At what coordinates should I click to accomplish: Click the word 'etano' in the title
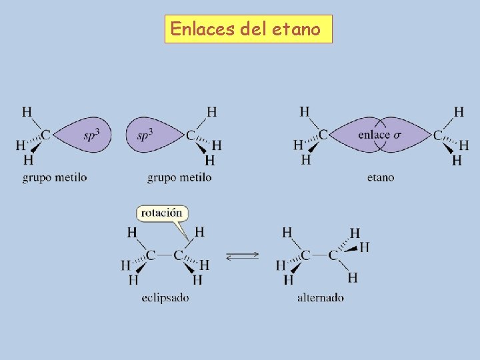pos(296,29)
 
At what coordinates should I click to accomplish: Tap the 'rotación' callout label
pos(162,213)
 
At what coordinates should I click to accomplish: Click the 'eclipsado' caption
pos(165,297)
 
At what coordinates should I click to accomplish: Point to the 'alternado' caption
pos(321,297)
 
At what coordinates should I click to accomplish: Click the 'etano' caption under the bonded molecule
pos(381,177)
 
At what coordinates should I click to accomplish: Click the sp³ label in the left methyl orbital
pos(92,135)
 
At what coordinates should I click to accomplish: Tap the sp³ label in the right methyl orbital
pos(145,135)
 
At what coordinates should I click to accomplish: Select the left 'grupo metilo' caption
pos(55,177)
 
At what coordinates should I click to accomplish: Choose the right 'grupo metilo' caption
pos(179,177)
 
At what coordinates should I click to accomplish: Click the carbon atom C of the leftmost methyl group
pos(46,135)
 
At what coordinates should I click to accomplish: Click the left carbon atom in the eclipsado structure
pos(151,255)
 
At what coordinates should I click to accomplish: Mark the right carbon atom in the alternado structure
pos(333,255)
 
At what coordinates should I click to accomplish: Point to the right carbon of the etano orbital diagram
pos(438,135)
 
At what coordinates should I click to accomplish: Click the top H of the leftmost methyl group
pos(27,111)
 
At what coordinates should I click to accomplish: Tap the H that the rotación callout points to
pos(199,232)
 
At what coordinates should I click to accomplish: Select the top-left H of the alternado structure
pos(287,232)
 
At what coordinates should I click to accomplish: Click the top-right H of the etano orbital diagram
pos(459,111)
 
